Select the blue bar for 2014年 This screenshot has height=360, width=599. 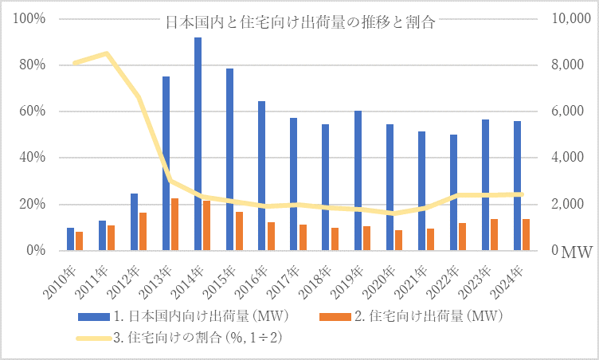198,143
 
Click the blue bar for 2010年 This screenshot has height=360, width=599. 70,239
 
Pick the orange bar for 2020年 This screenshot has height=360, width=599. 398,241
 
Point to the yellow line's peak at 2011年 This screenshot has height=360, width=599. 106,53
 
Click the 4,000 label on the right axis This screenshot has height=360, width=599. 570,158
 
